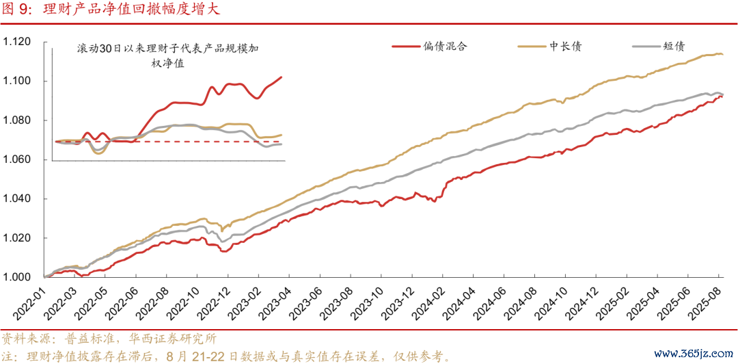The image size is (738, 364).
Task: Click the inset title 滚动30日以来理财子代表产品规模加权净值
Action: click(168, 56)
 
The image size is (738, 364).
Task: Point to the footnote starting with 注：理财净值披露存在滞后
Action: click(225, 356)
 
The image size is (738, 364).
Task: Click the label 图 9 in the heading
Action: click(14, 10)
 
